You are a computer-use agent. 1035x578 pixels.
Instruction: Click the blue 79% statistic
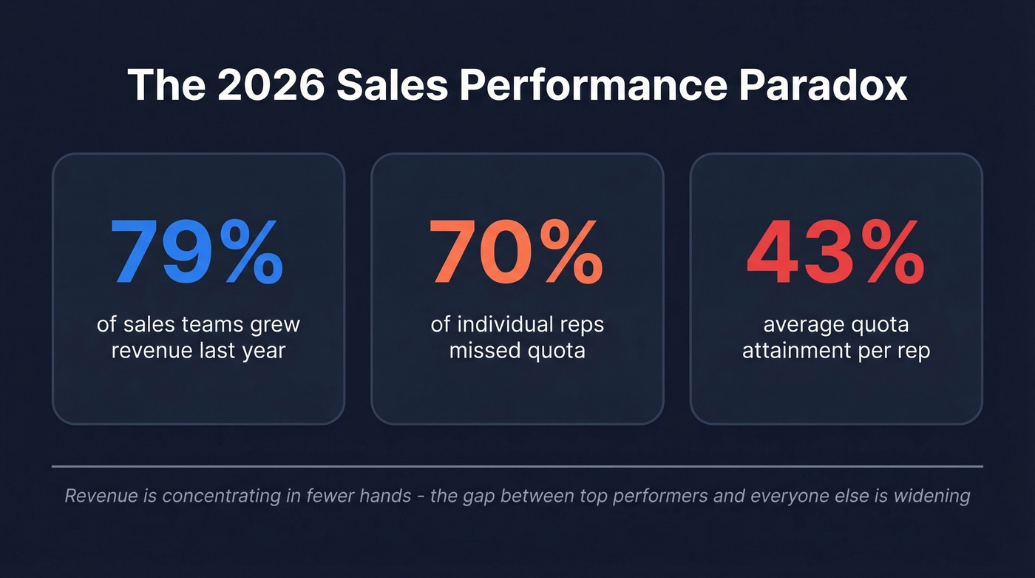197,253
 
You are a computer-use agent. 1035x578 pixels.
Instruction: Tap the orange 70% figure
516,253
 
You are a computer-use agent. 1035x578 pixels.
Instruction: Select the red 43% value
835,253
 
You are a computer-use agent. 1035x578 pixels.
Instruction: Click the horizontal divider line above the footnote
517,466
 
